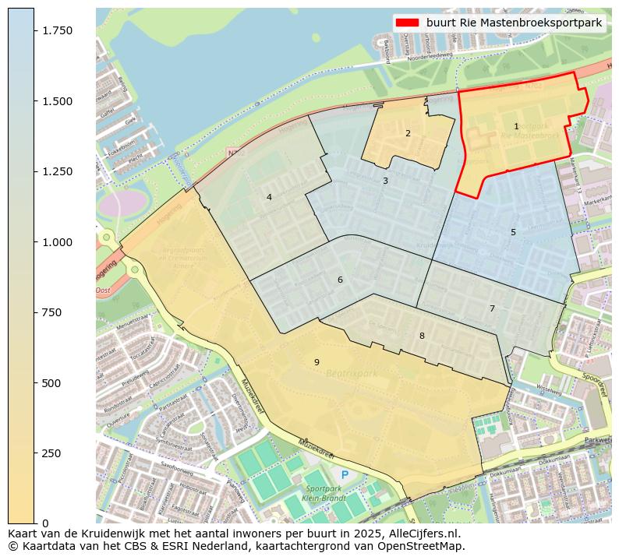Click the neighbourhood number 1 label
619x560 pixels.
516,126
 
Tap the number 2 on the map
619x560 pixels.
408,133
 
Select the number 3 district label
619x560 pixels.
385,181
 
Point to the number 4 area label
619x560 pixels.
269,197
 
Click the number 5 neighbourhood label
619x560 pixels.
513,232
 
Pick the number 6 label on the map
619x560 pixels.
340,280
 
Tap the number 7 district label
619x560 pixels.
492,308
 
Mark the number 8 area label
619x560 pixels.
422,336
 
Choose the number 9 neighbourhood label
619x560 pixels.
317,362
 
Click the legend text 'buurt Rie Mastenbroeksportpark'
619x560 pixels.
514,23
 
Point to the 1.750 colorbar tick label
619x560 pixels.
57,30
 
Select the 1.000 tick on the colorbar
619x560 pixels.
57,242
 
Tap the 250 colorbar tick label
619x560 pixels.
51,453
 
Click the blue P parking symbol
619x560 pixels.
345,474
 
